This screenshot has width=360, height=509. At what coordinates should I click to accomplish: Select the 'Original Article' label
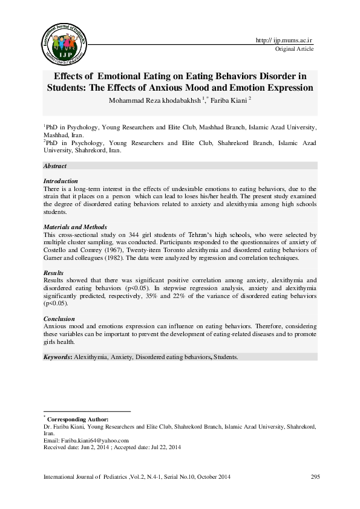pos(294,49)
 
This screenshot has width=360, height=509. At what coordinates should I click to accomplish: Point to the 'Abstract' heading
pos(55,166)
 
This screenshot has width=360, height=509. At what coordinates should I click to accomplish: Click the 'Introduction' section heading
pos(61,181)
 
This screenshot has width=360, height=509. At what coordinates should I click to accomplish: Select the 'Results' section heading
pos(54,273)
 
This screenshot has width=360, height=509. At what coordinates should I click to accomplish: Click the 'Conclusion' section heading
pos(59,318)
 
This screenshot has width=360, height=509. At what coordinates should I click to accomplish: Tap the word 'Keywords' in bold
pos(57,357)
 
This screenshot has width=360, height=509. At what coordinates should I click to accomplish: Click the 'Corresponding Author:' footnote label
pos(78,419)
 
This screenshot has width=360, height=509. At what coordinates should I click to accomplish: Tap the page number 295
pos(315,478)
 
